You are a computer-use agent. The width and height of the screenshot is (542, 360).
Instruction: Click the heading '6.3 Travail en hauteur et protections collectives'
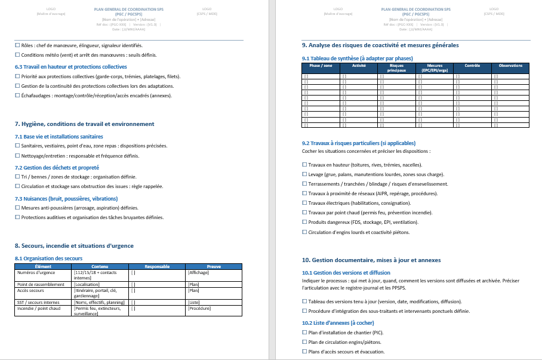(70, 67)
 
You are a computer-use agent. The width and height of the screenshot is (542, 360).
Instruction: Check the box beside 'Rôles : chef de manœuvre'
(17, 45)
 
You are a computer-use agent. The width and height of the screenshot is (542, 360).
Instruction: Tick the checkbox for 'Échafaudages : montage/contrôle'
(17, 96)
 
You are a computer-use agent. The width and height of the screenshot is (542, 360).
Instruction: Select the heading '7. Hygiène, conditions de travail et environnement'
(84, 124)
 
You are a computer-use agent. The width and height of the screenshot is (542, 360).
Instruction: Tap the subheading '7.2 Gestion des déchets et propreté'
(57, 168)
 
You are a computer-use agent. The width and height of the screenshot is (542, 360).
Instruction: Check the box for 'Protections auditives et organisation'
(17, 217)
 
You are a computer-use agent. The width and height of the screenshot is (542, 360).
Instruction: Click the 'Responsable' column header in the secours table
(157, 266)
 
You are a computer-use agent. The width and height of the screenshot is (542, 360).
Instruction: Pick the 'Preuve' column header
(213, 266)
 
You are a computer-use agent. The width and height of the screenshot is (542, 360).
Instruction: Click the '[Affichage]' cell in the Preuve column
(198, 272)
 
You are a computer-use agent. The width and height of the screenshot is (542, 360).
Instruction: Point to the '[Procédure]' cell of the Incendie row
(199, 308)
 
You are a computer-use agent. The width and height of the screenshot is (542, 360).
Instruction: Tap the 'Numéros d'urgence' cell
(37, 272)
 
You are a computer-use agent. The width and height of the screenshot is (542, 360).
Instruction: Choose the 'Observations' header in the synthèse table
(510, 66)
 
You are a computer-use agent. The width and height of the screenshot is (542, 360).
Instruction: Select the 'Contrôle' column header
(472, 66)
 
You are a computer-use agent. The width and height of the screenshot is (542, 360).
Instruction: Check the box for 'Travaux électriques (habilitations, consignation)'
(304, 203)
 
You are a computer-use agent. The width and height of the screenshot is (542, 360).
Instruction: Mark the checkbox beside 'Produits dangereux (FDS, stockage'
(304, 222)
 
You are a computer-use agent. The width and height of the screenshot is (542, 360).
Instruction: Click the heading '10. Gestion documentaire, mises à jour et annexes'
(371, 260)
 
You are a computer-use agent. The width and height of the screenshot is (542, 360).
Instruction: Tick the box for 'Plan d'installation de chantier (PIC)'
(304, 332)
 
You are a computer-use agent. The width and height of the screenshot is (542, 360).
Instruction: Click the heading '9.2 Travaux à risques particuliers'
(358, 143)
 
